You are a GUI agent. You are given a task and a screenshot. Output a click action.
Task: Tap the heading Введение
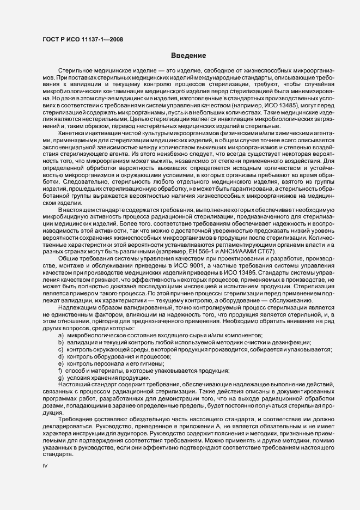(188, 56)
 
